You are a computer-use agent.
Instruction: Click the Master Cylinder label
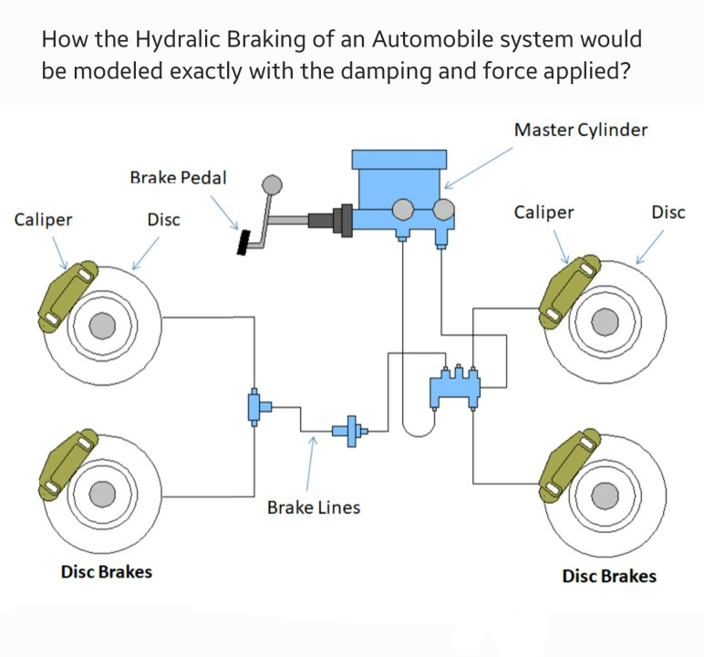pyautogui.click(x=581, y=130)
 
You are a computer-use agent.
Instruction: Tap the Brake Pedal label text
pyautogui.click(x=178, y=177)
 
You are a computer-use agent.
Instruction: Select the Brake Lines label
pyautogui.click(x=313, y=507)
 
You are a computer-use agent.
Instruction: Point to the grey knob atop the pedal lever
pyautogui.click(x=272, y=185)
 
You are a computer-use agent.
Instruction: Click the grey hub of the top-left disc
pyautogui.click(x=102, y=325)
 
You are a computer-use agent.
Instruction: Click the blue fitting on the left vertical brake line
pyautogui.click(x=255, y=406)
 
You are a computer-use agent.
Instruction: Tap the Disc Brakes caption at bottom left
pyautogui.click(x=107, y=572)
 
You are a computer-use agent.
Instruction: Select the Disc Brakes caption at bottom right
pyautogui.click(x=608, y=576)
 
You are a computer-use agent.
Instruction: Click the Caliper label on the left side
pyautogui.click(x=44, y=220)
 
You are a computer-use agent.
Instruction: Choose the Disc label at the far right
pyautogui.click(x=668, y=213)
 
